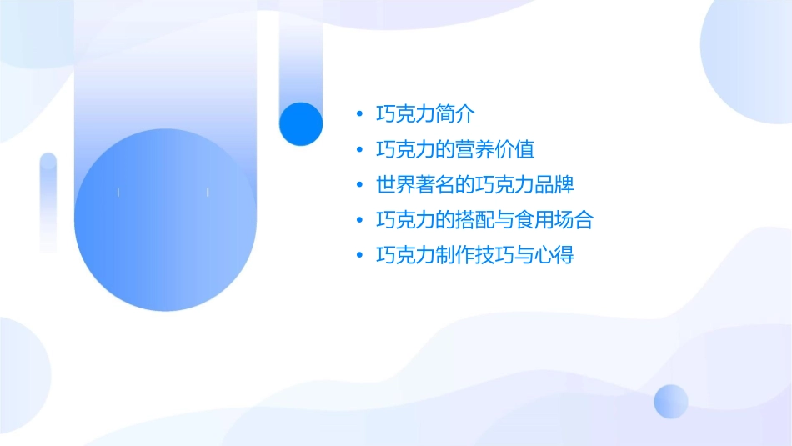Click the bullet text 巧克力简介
[x=425, y=114]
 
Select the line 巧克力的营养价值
[x=455, y=150]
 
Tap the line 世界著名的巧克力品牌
[x=475, y=185]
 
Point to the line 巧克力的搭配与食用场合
[x=484, y=220]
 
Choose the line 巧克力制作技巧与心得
[x=475, y=255]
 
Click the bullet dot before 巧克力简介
[x=358, y=114]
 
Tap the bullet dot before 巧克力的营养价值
[x=358, y=150]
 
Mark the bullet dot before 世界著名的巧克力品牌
[x=358, y=185]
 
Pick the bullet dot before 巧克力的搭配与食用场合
[x=358, y=220]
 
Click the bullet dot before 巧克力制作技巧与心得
[x=358, y=255]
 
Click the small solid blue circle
[x=301, y=123]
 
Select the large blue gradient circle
[x=164, y=220]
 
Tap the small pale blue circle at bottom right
[x=671, y=401]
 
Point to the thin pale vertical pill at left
[x=48, y=203]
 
